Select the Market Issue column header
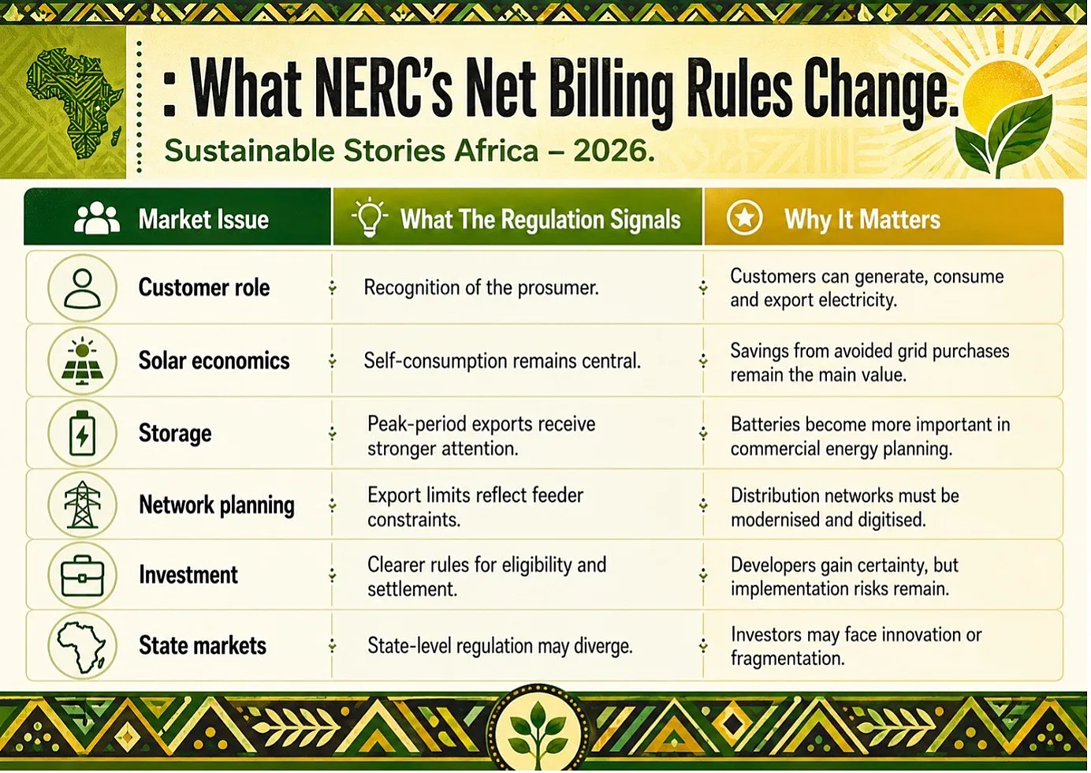click(x=203, y=218)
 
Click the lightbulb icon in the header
click(x=370, y=217)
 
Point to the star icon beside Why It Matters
click(x=744, y=218)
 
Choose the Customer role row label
click(x=204, y=287)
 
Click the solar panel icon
click(x=82, y=360)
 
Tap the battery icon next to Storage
click(x=82, y=433)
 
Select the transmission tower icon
click(x=82, y=505)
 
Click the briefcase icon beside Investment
click(x=82, y=576)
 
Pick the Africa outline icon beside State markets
click(x=82, y=646)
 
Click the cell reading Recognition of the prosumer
click(x=481, y=288)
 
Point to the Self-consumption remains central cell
click(x=502, y=361)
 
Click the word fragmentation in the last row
click(x=788, y=659)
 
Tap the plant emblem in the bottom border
click(x=538, y=729)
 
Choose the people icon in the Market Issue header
click(x=97, y=218)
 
